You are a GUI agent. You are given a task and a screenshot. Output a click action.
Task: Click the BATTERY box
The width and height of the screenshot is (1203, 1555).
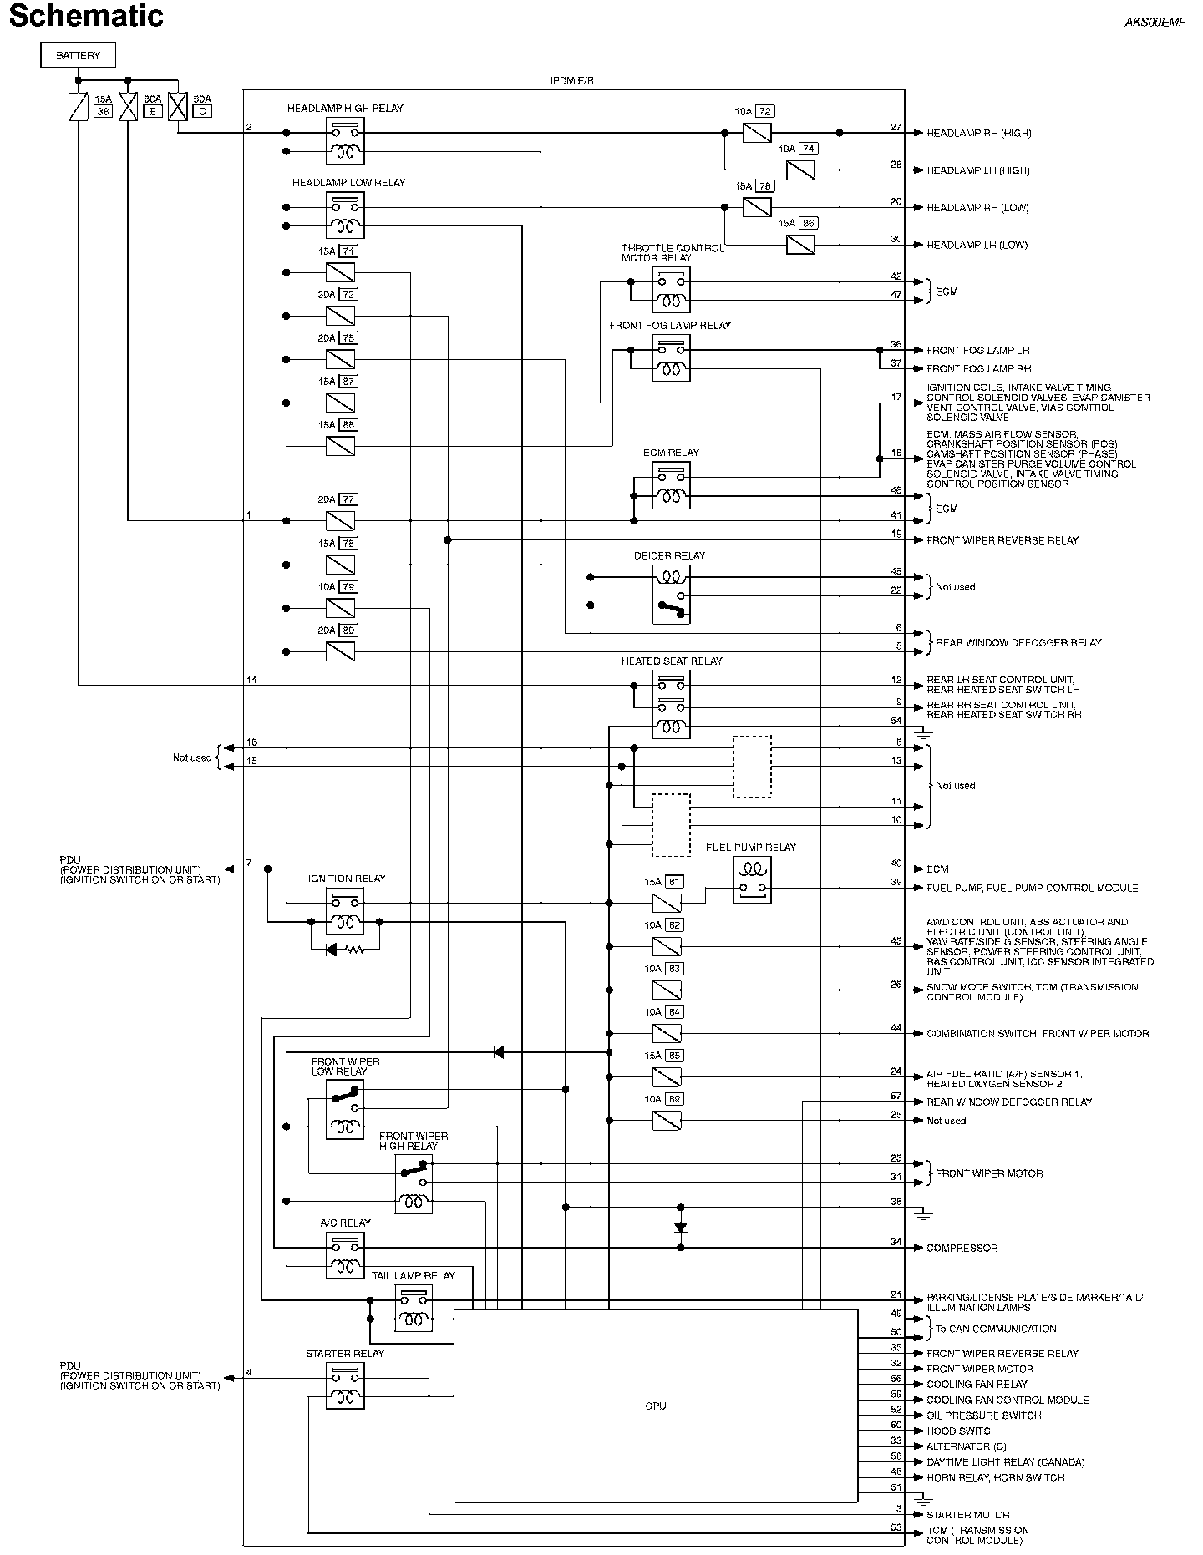pyautogui.click(x=78, y=56)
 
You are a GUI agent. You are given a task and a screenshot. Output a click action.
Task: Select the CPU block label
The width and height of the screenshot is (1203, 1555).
pyautogui.click(x=656, y=1406)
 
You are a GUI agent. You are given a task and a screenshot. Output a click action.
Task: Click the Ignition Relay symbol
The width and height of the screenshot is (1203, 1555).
pyautogui.click(x=344, y=911)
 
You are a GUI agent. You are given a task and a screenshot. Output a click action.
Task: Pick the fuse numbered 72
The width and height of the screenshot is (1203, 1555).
pyautogui.click(x=757, y=133)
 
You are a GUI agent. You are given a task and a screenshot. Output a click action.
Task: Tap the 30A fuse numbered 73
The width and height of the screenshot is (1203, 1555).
pyautogui.click(x=340, y=316)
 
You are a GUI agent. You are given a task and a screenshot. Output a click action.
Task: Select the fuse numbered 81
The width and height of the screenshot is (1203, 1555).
pyautogui.click(x=667, y=903)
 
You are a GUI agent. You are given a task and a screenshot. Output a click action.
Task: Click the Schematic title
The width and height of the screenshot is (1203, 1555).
pyautogui.click(x=86, y=16)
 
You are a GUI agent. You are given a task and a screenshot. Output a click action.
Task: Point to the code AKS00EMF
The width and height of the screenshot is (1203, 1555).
pyautogui.click(x=1155, y=23)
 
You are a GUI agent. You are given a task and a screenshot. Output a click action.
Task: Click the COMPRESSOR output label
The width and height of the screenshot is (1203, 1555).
pyautogui.click(x=962, y=1248)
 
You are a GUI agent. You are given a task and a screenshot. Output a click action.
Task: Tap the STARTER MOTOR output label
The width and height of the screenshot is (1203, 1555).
pyautogui.click(x=967, y=1514)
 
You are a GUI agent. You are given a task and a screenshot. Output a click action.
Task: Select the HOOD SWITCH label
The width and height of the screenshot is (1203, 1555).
pyautogui.click(x=962, y=1431)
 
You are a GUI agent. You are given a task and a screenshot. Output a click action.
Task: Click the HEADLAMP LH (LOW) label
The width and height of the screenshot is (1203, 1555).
pyautogui.click(x=977, y=245)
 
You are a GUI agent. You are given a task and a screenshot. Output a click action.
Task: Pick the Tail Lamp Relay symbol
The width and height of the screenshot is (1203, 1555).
pyautogui.click(x=414, y=1309)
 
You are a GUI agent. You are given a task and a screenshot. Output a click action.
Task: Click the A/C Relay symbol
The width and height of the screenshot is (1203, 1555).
pyautogui.click(x=344, y=1255)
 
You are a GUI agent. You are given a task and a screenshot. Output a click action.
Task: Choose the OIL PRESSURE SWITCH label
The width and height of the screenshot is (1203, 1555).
pyautogui.click(x=983, y=1415)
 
